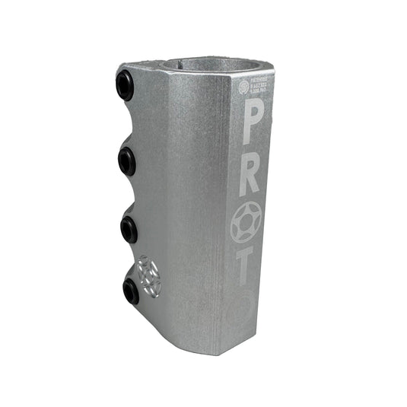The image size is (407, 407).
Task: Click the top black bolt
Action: [125, 86]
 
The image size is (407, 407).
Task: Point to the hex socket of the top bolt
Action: [122, 86]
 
